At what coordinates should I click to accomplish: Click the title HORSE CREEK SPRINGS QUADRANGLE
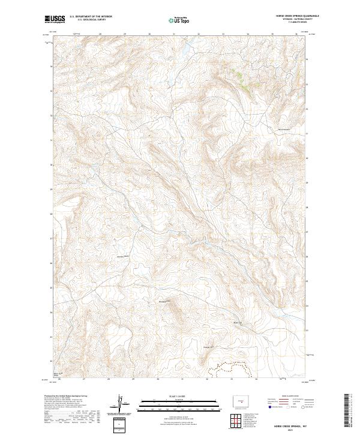[x=298, y=16]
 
